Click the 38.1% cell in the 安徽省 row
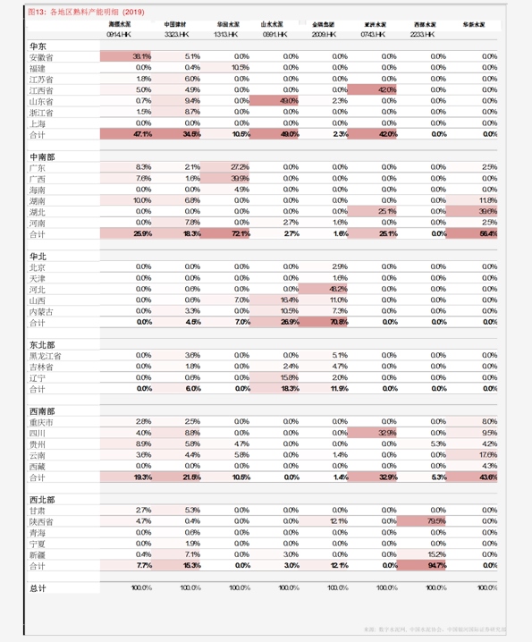coord(142,56)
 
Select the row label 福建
coord(37,68)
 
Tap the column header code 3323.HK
coord(176,33)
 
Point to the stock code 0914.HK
coord(120,33)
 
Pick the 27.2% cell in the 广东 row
coord(240,167)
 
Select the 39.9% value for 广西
coord(240,179)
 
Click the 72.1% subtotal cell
coord(240,233)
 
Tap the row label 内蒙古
coord(41,311)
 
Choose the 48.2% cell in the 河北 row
coord(338,290)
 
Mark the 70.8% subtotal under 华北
coord(338,322)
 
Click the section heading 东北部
coord(41,344)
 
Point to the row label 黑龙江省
coord(45,356)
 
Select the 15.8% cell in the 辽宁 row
coord(289,377)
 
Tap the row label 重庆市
coord(41,421)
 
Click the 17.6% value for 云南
coord(488,455)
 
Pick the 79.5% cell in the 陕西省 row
coord(436,521)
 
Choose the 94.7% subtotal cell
coord(436,566)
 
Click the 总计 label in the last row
coord(37,587)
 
